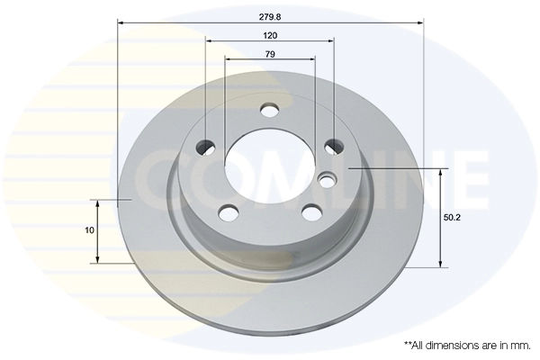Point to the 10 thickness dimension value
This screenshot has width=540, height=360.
(89, 230)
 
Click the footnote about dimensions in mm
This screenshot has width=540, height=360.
(467, 345)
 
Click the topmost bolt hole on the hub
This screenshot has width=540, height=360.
(269, 111)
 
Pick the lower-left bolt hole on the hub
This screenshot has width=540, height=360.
(229, 213)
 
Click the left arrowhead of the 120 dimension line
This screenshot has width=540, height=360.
(210, 40)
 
